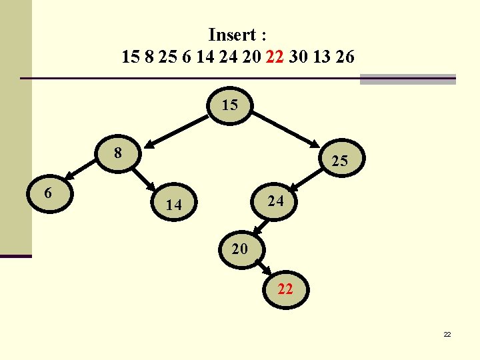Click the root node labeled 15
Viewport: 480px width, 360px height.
230,106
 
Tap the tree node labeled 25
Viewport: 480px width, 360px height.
339,161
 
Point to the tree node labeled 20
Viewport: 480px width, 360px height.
240,249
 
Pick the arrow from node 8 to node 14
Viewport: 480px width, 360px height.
143,178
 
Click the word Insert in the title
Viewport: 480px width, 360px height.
231,34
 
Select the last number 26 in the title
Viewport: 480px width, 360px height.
346,57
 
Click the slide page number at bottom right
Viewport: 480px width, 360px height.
447,334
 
